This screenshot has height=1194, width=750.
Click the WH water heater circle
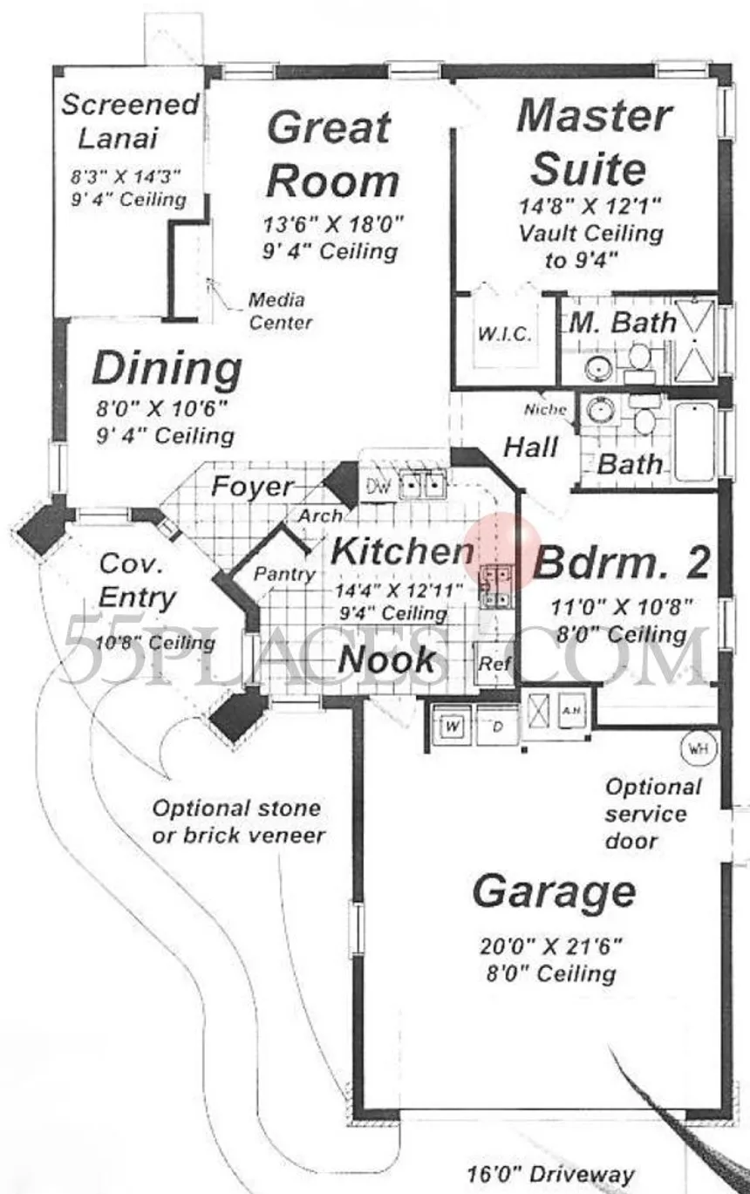click(x=699, y=747)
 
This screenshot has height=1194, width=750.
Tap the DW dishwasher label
click(x=379, y=486)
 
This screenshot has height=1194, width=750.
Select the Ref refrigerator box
click(x=494, y=663)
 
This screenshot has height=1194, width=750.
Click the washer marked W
click(x=453, y=726)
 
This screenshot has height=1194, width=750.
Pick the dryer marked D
click(x=497, y=726)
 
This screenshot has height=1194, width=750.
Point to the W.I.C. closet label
click(x=504, y=334)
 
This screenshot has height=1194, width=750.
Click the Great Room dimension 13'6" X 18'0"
click(x=333, y=224)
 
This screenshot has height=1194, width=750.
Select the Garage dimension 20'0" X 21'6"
click(x=551, y=946)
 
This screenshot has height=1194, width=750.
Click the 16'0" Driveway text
click(x=551, y=1174)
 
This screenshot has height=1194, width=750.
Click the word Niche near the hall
click(x=545, y=409)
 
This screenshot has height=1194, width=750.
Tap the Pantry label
click(x=284, y=574)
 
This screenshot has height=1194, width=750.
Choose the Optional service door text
click(x=653, y=815)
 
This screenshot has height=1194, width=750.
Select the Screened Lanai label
click(x=131, y=120)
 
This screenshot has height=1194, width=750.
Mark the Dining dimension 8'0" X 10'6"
click(x=161, y=409)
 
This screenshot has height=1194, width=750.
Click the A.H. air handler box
click(x=571, y=710)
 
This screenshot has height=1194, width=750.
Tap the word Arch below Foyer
click(x=320, y=516)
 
